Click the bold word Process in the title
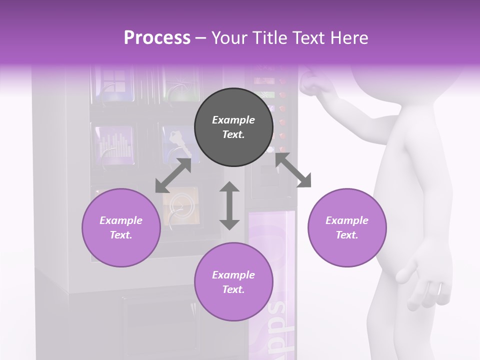pyautogui.click(x=157, y=38)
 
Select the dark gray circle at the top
pyautogui.click(x=233, y=127)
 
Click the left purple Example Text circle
pyautogui.click(x=121, y=227)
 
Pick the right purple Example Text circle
pyautogui.click(x=347, y=227)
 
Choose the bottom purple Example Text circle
pyautogui.click(x=233, y=282)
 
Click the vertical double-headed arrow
pyautogui.click(x=229, y=206)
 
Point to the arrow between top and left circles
pyautogui.click(x=173, y=175)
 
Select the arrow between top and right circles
pyautogui.click(x=293, y=170)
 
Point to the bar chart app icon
pyautogui.click(x=114, y=144)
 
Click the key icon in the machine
pyautogui.click(x=177, y=142)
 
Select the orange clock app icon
pyautogui.click(x=180, y=205)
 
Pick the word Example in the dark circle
pyautogui.click(x=233, y=120)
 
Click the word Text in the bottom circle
pyautogui.click(x=233, y=289)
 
